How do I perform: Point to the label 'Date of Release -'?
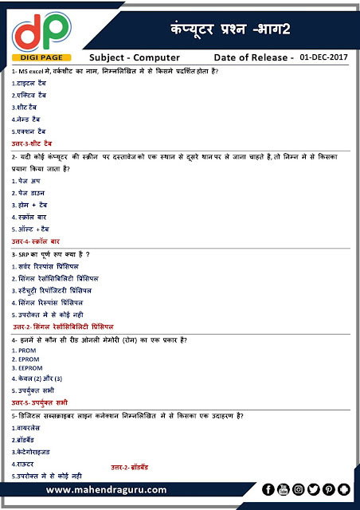point(254,58)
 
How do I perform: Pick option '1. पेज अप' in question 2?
point(29,181)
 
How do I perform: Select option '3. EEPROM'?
point(29,368)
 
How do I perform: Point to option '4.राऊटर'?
point(24,463)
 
